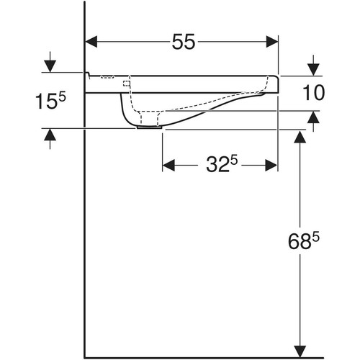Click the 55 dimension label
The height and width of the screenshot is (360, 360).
coord(184,42)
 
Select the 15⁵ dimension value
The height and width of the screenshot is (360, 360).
coord(50,101)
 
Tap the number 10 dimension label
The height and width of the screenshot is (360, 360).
coord(314,93)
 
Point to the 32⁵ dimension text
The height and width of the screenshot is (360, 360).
coord(222,164)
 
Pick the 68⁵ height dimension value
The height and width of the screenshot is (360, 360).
coord(304,241)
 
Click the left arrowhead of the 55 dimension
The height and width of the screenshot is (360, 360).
coord(91,42)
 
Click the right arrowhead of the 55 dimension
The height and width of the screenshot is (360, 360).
coord(272,42)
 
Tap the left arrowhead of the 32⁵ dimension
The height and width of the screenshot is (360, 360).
coord(168,166)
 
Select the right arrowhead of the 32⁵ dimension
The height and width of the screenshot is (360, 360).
coord(271,166)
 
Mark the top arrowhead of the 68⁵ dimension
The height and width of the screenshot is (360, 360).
coord(300,137)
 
